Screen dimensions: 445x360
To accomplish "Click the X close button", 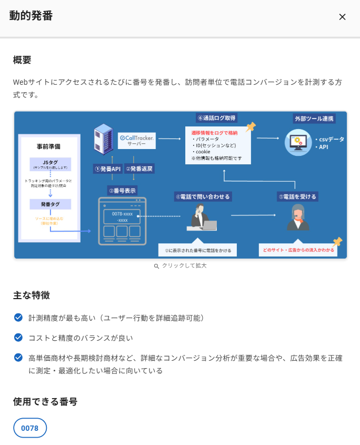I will coord(342,17).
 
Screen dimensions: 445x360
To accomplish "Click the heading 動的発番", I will coord(31,16).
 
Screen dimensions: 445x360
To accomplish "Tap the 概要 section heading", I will coord(22,60).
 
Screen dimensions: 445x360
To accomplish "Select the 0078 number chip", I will coord(30,428).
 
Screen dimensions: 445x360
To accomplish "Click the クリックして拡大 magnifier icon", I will coord(156,266).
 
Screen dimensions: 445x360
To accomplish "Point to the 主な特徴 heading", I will coord(31,295).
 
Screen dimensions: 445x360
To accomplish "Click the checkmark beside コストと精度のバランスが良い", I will coord(18,337).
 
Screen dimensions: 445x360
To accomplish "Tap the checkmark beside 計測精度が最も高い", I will coord(18,318).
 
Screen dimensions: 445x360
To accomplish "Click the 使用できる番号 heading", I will coord(45,402).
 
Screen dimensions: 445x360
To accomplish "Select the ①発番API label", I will coord(108,169).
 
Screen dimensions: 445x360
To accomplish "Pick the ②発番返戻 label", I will coord(139,169).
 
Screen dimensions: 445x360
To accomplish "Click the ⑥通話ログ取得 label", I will coord(216,118).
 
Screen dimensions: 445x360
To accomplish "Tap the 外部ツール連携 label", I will coord(314,118).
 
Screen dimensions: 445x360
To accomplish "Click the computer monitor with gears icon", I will coord(298,142).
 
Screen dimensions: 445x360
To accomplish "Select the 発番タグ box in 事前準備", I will coord(50,204).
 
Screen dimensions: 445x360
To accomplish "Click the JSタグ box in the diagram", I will coord(50,163).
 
